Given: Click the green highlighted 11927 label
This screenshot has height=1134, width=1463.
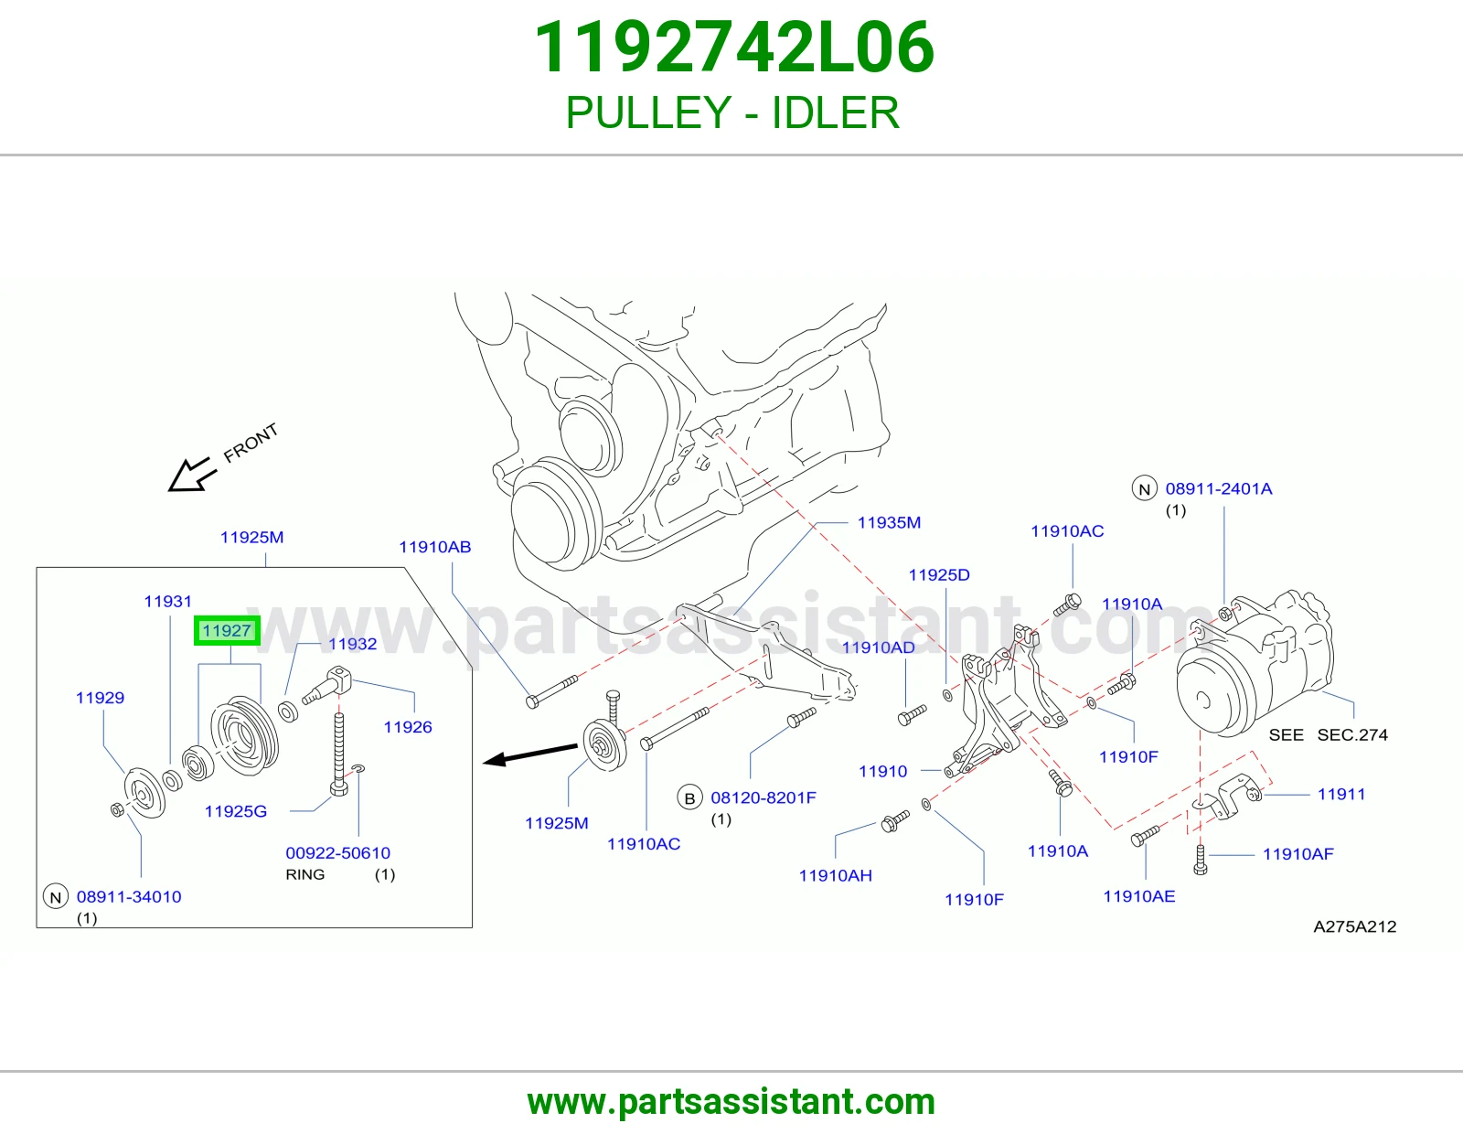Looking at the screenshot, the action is click(227, 631).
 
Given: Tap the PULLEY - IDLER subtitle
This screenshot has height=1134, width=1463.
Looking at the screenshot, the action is click(732, 112).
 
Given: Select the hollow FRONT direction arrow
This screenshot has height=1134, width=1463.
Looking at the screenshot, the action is click(192, 475).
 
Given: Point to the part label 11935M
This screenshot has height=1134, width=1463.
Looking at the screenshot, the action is click(889, 522).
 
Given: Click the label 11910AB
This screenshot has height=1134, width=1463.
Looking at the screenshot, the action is click(435, 547).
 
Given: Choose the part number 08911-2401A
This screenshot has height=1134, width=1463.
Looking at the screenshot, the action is click(1219, 489).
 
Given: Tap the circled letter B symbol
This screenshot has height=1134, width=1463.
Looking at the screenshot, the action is click(689, 798).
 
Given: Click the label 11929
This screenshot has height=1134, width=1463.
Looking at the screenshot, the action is click(101, 698).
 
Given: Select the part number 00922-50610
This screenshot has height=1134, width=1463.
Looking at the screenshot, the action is click(338, 853).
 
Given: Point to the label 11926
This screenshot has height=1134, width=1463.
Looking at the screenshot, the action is click(408, 727).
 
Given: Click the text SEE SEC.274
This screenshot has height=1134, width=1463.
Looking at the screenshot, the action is click(1329, 734).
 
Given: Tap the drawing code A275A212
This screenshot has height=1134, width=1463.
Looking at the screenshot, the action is click(1354, 926).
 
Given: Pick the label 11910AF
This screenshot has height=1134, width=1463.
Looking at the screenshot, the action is click(1298, 854).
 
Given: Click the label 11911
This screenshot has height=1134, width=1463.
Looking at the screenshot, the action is click(1341, 794).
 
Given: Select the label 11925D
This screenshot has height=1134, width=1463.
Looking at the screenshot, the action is click(939, 575).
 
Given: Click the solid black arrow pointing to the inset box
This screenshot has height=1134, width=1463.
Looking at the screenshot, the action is click(530, 754).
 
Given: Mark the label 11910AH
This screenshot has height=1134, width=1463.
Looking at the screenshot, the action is click(836, 875).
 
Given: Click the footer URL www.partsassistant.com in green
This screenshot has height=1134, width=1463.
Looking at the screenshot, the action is click(731, 1102).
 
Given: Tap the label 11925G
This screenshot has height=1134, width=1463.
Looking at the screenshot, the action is click(236, 811).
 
